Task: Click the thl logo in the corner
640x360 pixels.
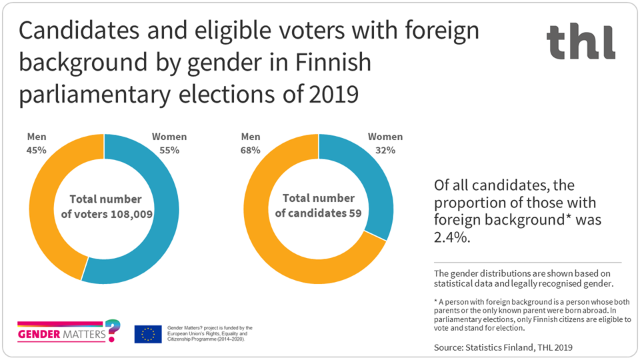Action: pyautogui.click(x=581, y=41)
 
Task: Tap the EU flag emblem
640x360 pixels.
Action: pyautogui.click(x=147, y=333)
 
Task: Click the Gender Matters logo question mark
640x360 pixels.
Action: pyautogui.click(x=114, y=329)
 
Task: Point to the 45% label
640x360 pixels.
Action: pyautogui.click(x=36, y=150)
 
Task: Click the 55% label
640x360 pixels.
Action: pyautogui.click(x=169, y=150)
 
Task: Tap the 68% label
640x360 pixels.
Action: pyautogui.click(x=250, y=150)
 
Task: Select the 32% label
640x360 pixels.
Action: pyautogui.click(x=385, y=150)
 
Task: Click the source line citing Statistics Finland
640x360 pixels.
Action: pyautogui.click(x=503, y=347)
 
